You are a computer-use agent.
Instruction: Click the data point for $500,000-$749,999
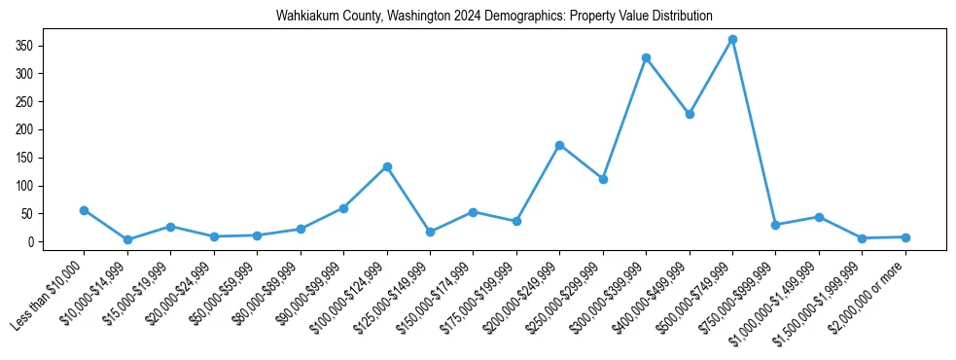point(732,40)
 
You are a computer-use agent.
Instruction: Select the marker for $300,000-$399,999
point(646,58)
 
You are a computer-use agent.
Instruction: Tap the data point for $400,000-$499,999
point(690,114)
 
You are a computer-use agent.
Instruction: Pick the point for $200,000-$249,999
point(559,145)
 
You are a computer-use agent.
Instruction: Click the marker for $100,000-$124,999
point(387,166)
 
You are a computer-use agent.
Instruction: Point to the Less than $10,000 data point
point(85,210)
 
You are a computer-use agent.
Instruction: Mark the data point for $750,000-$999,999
point(775,225)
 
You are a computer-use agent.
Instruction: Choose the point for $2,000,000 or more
point(905,237)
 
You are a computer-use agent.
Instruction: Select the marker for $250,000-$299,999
point(603,179)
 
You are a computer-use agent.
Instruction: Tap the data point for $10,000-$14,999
point(127,239)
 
